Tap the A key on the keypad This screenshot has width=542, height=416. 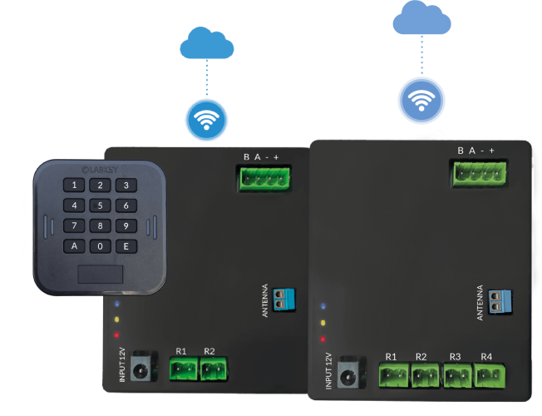coord(75,245)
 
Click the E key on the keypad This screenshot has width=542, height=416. coord(126,245)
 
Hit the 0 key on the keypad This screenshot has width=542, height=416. coord(101,245)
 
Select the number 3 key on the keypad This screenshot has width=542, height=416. coord(126,186)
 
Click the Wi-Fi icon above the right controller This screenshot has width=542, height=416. coord(421,100)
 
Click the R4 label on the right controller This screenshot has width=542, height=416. coord(486,358)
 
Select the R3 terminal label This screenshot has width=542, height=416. coord(455,358)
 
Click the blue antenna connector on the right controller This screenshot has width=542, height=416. coord(501,302)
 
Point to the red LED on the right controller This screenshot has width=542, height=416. coord(323,339)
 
